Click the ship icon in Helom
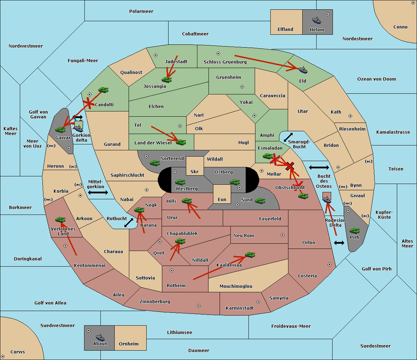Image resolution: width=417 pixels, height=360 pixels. point(317,20)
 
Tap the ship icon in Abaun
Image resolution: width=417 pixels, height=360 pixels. point(100,337)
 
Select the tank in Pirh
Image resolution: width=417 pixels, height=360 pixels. point(354,231)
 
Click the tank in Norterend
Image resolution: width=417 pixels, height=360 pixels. point(155,163)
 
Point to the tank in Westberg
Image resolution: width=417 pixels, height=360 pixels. point(180,182)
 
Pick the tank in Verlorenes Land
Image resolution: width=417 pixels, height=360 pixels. point(60,219)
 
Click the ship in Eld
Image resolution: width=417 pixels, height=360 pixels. point(303,70)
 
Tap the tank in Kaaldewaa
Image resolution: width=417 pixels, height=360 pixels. point(250,255)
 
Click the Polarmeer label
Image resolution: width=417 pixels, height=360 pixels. point(141,11)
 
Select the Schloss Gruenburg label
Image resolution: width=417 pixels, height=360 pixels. point(225,62)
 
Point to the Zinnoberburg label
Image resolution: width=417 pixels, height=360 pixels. point(155,302)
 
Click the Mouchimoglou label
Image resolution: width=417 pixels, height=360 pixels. point(236,286)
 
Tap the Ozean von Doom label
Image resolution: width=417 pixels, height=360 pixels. point(377,79)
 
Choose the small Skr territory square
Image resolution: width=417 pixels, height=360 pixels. point(195,166)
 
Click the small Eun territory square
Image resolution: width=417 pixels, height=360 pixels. point(222,194)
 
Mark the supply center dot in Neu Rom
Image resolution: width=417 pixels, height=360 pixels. point(283,235)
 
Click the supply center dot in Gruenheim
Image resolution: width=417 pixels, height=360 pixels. point(242,87)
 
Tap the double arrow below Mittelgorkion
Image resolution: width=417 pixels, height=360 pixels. point(98,192)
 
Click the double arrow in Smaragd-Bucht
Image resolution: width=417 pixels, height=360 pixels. point(288,137)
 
